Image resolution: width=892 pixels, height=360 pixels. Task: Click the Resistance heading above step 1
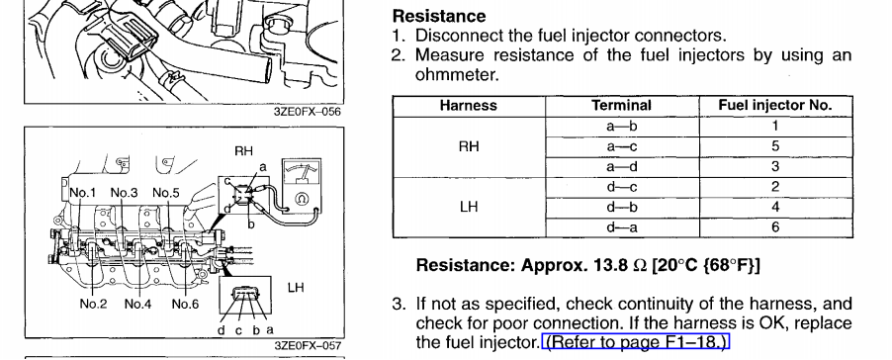coord(439,16)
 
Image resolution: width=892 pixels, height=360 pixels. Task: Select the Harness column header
coord(468,106)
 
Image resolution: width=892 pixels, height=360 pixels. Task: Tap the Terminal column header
coord(621,106)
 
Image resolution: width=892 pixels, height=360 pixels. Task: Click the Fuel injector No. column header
coord(774,105)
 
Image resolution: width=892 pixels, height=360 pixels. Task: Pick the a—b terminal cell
coord(621,127)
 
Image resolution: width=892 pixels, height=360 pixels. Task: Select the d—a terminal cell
coord(621,227)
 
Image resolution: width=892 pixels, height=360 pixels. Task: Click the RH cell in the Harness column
coord(469,146)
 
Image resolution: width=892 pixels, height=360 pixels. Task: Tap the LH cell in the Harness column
coord(469,207)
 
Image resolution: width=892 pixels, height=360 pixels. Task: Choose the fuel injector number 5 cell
coord(775,146)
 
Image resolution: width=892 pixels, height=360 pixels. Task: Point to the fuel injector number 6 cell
coord(775,227)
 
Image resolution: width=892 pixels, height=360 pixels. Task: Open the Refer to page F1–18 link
coord(636,342)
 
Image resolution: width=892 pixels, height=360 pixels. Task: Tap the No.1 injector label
coord(82,193)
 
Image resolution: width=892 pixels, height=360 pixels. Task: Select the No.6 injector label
coord(185,305)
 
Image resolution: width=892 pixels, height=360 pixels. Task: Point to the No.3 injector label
coord(124,193)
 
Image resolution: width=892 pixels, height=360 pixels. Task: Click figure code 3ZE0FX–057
coord(308,346)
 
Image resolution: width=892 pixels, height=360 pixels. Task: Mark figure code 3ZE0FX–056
coord(308,112)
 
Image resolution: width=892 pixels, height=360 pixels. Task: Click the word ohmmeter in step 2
coord(457,75)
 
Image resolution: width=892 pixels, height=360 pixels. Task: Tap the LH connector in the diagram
coord(246,294)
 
